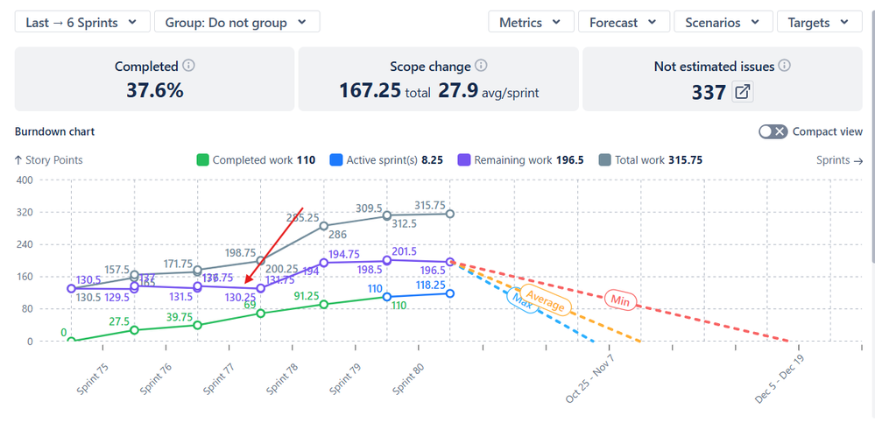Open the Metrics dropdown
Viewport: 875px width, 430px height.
coord(531,23)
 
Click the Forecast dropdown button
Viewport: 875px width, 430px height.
coord(624,23)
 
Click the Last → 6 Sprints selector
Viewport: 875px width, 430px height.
coord(81,23)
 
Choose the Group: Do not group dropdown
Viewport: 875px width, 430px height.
coord(236,23)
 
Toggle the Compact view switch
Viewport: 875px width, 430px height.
coord(773,131)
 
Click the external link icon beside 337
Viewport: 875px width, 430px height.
coord(743,92)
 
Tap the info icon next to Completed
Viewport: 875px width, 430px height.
coord(188,67)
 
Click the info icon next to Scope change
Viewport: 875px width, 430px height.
coord(481,67)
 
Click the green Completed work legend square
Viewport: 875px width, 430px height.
coord(202,160)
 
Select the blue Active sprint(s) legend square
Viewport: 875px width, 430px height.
coord(335,160)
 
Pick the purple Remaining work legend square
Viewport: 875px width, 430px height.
coord(464,160)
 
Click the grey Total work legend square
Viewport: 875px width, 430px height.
coord(604,160)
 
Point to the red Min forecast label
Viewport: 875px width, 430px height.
coord(620,300)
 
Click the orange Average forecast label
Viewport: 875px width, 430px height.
coord(544,302)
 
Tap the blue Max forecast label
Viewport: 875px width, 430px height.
coord(521,298)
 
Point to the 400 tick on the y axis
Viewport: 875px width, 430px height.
coord(24,180)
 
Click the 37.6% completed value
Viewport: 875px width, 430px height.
coord(155,89)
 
